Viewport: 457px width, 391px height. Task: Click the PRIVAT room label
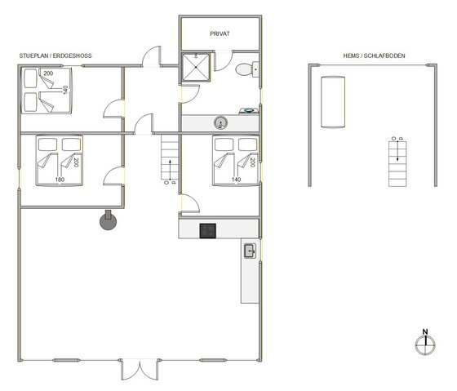point(220,35)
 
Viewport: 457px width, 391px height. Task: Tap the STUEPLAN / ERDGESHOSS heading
point(55,56)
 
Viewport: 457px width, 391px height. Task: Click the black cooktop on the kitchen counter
point(208,230)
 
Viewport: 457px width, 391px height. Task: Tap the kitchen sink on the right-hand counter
point(250,250)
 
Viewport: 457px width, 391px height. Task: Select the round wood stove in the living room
point(106,220)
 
